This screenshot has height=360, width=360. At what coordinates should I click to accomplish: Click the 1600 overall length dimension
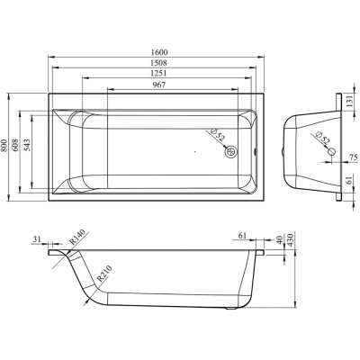tap(159, 52)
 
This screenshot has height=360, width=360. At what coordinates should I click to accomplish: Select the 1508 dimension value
tap(159, 63)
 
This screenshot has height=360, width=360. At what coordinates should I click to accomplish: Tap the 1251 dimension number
tap(159, 73)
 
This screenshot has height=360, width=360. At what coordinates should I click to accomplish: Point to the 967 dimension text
tap(159, 85)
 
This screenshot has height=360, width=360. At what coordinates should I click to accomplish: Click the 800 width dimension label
tap(4, 146)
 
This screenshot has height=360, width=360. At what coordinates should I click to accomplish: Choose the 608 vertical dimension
tap(15, 146)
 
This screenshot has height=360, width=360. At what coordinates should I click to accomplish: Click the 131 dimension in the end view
tap(349, 102)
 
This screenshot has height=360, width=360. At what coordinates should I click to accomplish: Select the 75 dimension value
tap(354, 157)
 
